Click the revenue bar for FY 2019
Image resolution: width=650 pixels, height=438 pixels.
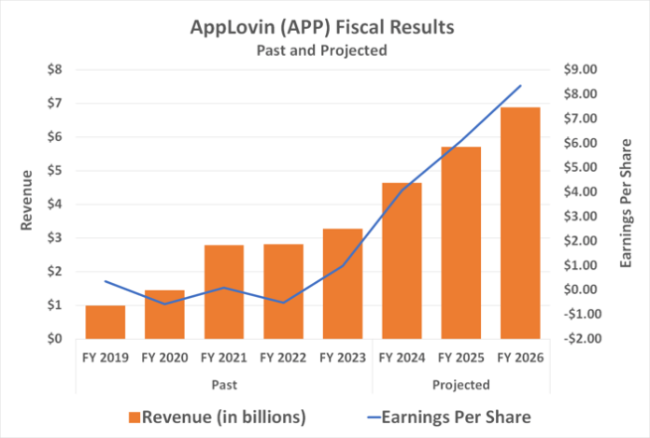[106, 321]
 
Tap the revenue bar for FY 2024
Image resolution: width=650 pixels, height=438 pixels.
[402, 261]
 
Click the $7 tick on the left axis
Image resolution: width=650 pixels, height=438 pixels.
[56, 103]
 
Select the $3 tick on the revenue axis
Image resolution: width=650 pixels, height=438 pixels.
[56, 238]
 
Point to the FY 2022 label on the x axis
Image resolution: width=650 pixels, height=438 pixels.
[283, 357]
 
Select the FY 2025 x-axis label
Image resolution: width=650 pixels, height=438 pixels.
[460, 357]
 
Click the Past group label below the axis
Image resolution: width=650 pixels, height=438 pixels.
[224, 384]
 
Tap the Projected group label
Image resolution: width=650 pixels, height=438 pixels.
[460, 384]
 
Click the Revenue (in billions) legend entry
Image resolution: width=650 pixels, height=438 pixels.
[219, 414]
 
